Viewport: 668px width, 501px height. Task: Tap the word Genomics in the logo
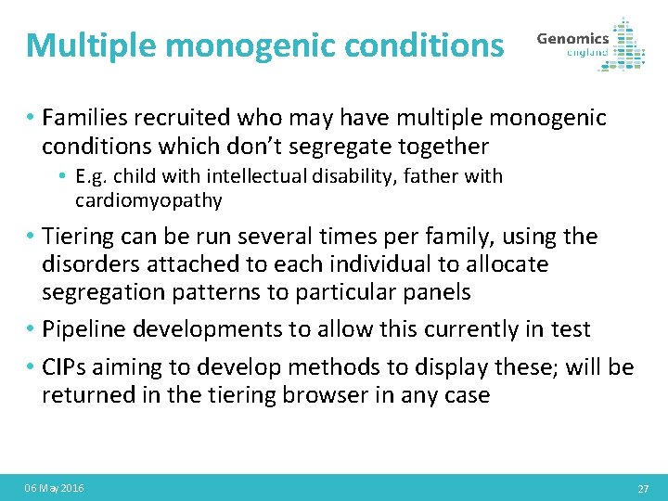pos(572,39)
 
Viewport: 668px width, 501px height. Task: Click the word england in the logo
pos(587,53)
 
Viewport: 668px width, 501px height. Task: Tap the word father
pos(436,176)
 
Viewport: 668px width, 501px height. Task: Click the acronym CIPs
pos(65,367)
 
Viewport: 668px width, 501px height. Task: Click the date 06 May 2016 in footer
pos(54,488)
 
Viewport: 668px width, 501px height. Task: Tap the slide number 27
pos(643,488)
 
